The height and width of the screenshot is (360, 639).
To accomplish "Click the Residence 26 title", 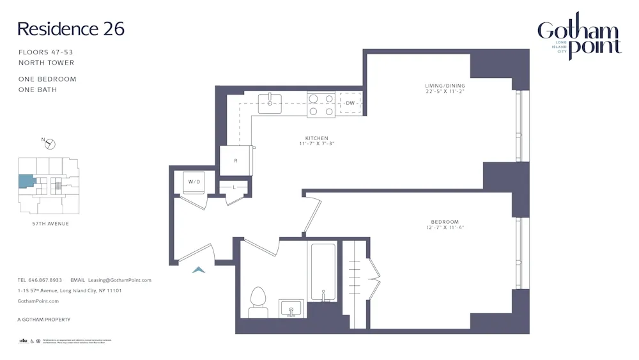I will (x=70, y=29).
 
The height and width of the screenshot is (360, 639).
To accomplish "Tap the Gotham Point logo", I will (x=578, y=38).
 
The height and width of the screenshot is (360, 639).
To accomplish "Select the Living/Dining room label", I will (x=445, y=89).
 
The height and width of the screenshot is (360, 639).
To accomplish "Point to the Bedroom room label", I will (x=445, y=224).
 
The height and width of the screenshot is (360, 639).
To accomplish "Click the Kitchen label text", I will (x=316, y=141).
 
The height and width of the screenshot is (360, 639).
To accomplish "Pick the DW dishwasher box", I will (x=350, y=103).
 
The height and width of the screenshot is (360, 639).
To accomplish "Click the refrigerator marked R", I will (x=236, y=160).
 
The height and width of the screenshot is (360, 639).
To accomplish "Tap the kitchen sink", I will (x=270, y=103).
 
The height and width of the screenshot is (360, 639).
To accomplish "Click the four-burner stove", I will (x=321, y=104).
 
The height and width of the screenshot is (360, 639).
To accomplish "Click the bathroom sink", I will (x=291, y=308).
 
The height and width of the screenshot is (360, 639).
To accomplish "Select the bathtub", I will (x=323, y=272).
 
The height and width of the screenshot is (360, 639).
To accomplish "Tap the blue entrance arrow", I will (x=199, y=270).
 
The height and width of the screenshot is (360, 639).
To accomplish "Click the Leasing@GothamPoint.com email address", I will (x=119, y=280).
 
